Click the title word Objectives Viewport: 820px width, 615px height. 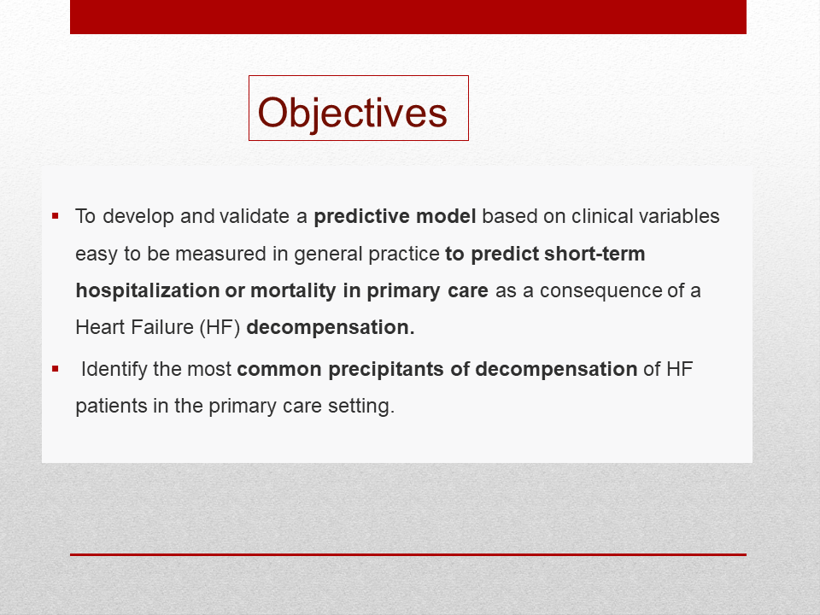pos(353,113)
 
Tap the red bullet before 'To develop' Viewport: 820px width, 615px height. pos(56,215)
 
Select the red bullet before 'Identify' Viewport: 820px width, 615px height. pos(56,369)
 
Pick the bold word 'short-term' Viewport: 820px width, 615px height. pos(594,254)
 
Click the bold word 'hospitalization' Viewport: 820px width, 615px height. pos(148,290)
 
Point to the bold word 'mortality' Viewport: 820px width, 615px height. pos(293,290)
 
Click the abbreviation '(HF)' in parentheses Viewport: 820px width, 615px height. pos(220,327)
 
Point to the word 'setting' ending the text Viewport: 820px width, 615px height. pos(360,407)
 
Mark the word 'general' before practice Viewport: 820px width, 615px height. pos(328,255)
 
